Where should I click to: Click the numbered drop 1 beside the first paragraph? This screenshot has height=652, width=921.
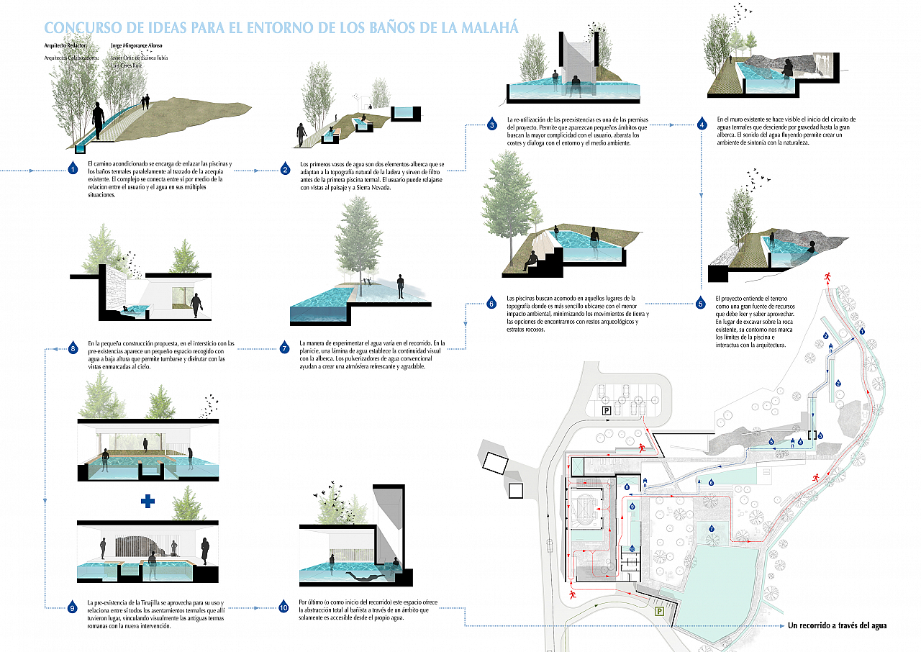[x=72, y=169]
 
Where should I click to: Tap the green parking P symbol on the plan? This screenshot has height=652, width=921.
[x=658, y=612]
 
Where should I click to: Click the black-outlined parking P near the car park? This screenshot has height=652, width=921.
[x=607, y=410]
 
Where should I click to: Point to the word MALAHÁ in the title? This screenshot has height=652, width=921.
[x=489, y=28]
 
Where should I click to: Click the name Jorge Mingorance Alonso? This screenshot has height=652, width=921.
[x=141, y=45]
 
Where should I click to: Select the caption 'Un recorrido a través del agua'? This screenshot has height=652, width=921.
[x=838, y=625]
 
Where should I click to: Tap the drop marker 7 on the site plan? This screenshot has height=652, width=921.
[x=712, y=529]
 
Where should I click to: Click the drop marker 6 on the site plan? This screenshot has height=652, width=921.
[x=711, y=482]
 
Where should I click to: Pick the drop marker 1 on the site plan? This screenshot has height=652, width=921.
[x=861, y=331]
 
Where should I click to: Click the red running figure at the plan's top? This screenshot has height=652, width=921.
[x=828, y=276]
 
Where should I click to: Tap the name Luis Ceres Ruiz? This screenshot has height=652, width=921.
[x=127, y=65]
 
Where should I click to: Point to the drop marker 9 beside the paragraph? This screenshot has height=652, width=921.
[x=72, y=607]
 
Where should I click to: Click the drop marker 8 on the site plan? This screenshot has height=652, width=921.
[x=627, y=487]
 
